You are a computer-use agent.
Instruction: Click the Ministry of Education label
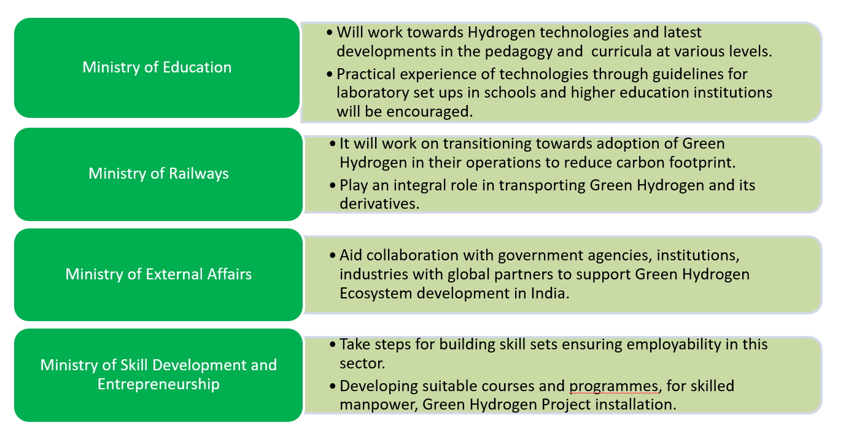tap(157, 68)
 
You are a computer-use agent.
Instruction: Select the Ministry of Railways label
tap(158, 174)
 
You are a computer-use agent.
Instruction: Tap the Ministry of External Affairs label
tap(158, 274)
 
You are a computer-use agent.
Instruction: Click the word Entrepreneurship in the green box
tap(158, 385)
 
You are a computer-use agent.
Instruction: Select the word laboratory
tap(375, 93)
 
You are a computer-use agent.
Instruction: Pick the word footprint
tap(690, 163)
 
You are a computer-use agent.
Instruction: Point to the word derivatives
tap(379, 204)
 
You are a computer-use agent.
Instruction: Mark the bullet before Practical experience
tap(331, 74)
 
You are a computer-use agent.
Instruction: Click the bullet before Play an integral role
tap(333, 185)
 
